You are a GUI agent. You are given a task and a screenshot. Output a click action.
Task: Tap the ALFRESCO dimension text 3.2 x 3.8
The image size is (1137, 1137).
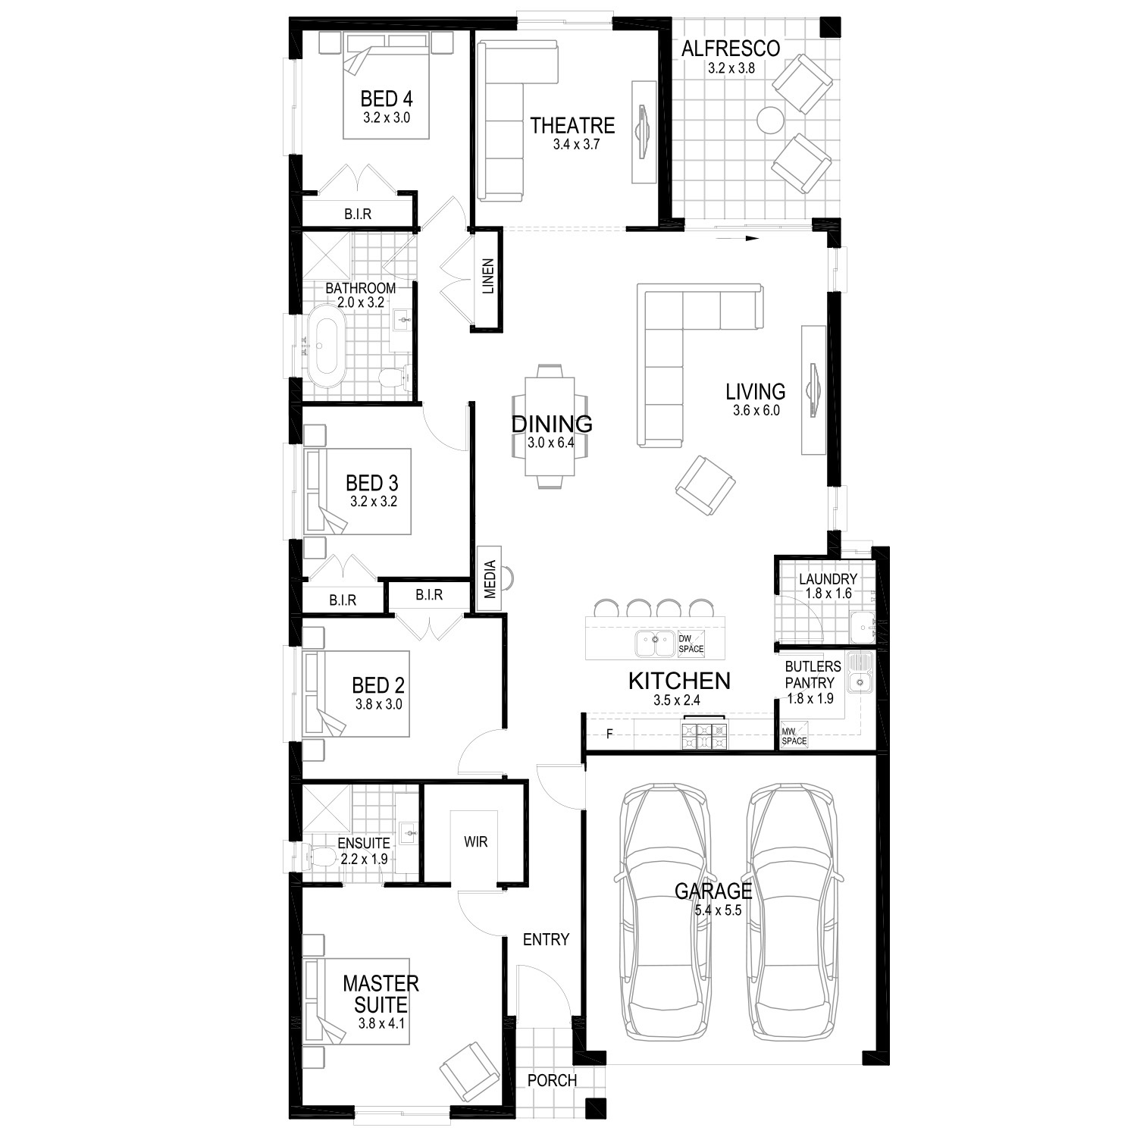point(731,68)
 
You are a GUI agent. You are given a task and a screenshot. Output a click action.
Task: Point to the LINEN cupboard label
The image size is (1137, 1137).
point(488,276)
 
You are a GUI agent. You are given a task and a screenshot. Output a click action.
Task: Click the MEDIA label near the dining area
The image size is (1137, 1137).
point(490,580)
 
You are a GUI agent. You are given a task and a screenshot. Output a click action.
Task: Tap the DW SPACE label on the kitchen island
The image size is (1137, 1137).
point(691,643)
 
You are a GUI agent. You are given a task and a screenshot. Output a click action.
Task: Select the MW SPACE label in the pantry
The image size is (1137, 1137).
point(794,736)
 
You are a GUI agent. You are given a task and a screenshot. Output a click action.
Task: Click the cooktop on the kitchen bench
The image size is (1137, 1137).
point(705,733)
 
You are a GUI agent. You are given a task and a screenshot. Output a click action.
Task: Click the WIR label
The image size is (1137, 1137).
point(476,841)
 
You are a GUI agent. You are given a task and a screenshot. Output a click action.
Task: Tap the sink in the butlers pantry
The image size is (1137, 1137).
point(860,673)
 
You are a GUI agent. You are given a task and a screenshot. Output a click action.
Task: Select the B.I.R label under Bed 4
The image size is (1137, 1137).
point(358,215)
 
